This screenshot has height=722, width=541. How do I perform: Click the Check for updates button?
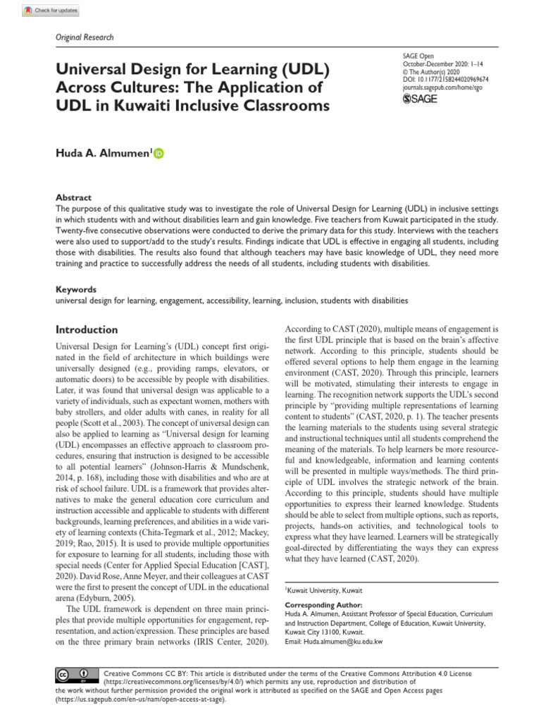click(x=51, y=11)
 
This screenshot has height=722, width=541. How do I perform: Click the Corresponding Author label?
click(x=323, y=605)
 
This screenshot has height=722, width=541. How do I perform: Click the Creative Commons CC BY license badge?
click(x=73, y=675)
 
